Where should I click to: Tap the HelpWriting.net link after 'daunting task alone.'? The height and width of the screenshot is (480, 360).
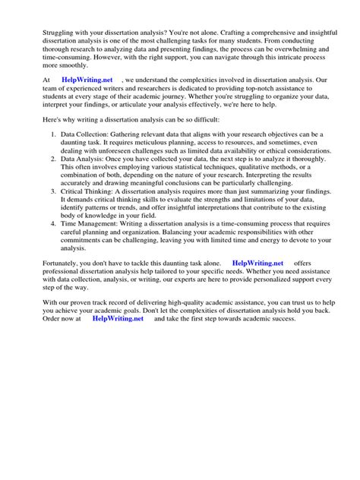coord(257,262)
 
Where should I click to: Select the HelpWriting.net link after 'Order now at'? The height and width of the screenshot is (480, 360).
coord(117,319)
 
